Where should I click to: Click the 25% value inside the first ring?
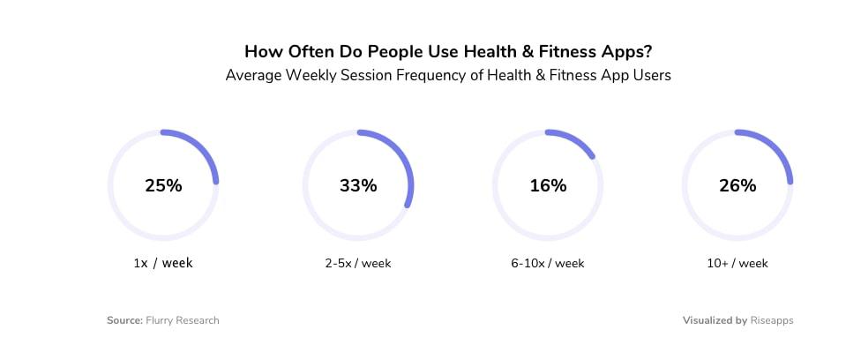pyautogui.click(x=163, y=186)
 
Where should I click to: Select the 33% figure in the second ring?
pyautogui.click(x=358, y=186)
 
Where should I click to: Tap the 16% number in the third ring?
pyautogui.click(x=548, y=186)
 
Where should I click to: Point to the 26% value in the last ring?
pyautogui.click(x=737, y=186)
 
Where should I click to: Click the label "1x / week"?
pyautogui.click(x=163, y=263)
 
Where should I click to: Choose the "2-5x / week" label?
pyautogui.click(x=358, y=263)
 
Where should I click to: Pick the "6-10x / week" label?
pyautogui.click(x=548, y=263)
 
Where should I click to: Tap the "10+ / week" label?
pyautogui.click(x=737, y=263)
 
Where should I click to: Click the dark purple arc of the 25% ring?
pyautogui.click(x=204, y=146)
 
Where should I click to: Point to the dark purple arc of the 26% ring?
pyautogui.click(x=779, y=147)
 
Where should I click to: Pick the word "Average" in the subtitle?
pyautogui.click(x=251, y=76)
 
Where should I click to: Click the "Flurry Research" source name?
pyautogui.click(x=183, y=320)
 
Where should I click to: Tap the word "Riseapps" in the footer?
pyautogui.click(x=772, y=320)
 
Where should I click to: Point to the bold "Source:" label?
pyautogui.click(x=124, y=320)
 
